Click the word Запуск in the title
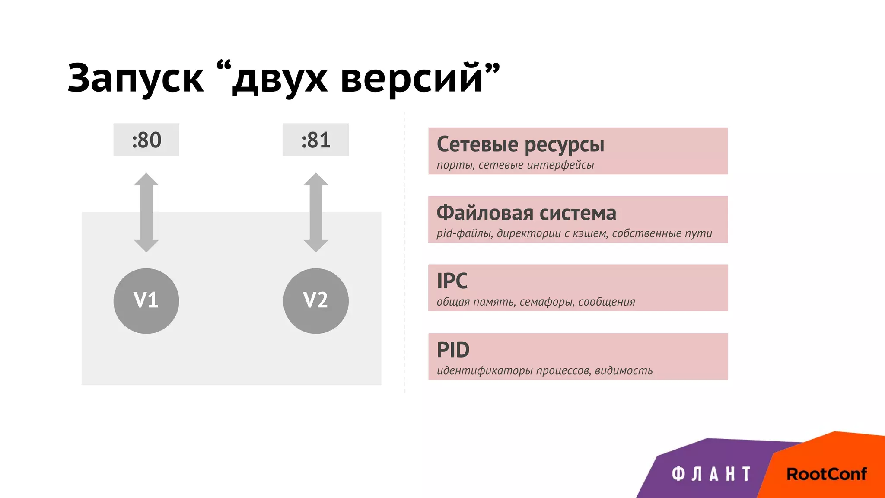click(x=135, y=78)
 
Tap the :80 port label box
click(x=146, y=140)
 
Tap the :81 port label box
click(x=316, y=140)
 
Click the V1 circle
click(x=146, y=300)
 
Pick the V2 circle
click(x=316, y=300)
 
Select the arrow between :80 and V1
click(x=146, y=212)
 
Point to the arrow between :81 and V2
click(x=316, y=212)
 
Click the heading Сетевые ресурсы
click(x=520, y=144)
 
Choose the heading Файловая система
click(x=526, y=213)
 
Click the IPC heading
click(x=452, y=281)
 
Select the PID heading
click(x=453, y=350)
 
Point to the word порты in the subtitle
click(x=455, y=165)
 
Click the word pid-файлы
click(x=465, y=233)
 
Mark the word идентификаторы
click(x=484, y=370)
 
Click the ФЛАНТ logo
click(x=711, y=474)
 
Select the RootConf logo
click(x=826, y=474)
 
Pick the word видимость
click(x=623, y=370)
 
